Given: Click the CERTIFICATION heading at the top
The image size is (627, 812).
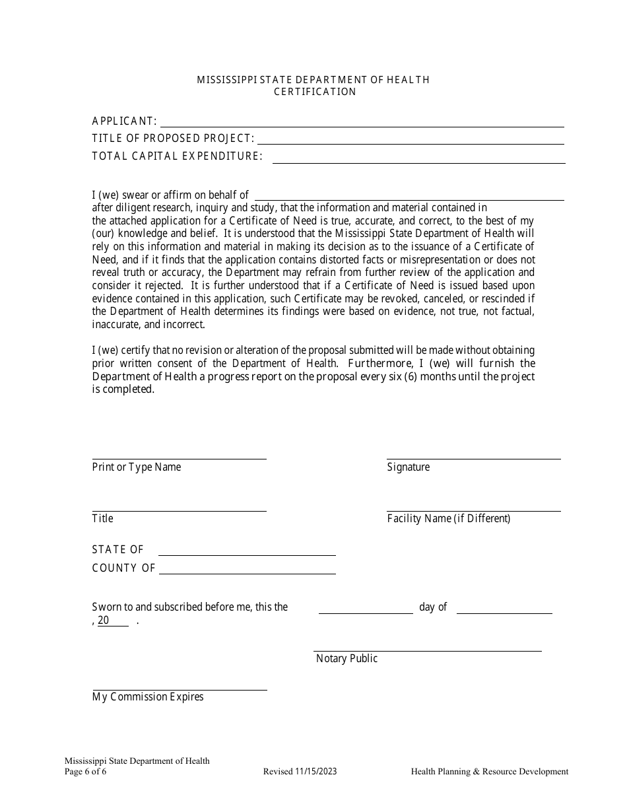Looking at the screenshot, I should [x=315, y=92].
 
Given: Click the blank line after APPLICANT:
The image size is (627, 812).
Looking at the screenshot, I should [x=362, y=123].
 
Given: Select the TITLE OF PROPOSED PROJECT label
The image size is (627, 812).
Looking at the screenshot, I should [x=173, y=139].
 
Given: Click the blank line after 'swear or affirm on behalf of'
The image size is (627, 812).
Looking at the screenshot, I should [x=409, y=197].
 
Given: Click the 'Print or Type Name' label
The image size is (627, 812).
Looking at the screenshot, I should [x=137, y=467].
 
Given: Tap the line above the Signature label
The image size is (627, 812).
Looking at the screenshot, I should [x=473, y=457].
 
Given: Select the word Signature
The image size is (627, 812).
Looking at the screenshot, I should [x=408, y=467].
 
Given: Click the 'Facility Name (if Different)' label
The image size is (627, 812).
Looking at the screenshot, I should [x=449, y=518].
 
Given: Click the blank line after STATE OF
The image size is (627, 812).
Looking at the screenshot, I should [x=247, y=553].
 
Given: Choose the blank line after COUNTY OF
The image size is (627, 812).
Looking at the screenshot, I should [x=247, y=571].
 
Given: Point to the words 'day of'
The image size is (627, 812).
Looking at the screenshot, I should [x=433, y=607].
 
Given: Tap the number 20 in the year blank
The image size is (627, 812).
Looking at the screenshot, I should [x=104, y=621].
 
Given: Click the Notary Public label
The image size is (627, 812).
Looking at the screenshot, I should [x=346, y=658].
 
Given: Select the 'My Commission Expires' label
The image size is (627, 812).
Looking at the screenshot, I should [x=148, y=696].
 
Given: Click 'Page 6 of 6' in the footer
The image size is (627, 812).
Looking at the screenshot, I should [x=85, y=771].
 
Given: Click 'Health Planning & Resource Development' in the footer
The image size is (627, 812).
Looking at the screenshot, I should [x=489, y=771].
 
